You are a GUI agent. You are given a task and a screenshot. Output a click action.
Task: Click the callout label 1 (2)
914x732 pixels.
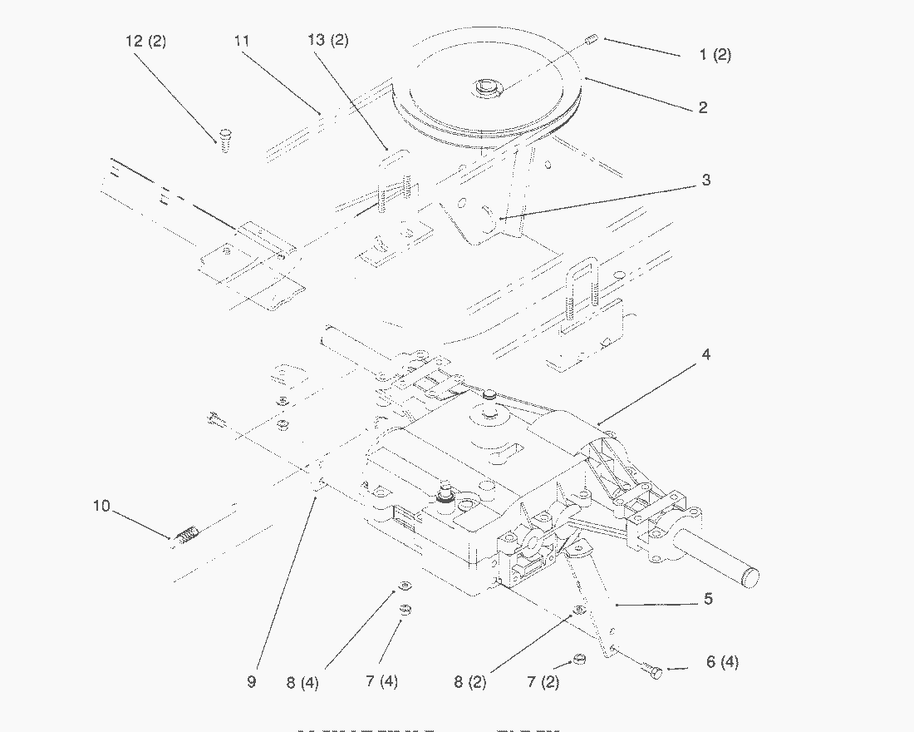(x=715, y=55)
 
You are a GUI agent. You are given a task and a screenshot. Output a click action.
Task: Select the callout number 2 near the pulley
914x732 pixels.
(x=703, y=107)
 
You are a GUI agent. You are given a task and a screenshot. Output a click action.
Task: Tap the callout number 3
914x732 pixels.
(x=705, y=180)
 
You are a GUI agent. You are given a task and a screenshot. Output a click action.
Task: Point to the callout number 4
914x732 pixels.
(x=705, y=354)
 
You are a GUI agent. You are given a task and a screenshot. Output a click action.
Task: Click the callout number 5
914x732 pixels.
(x=708, y=598)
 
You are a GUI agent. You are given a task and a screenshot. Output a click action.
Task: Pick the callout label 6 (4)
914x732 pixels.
(x=721, y=662)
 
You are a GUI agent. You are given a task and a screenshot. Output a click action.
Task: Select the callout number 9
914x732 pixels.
(x=251, y=682)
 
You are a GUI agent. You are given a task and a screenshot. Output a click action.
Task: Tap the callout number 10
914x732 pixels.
(x=101, y=506)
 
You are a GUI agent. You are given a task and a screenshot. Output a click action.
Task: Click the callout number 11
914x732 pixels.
(x=242, y=41)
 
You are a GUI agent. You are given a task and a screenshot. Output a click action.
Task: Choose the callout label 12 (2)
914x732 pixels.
(x=145, y=42)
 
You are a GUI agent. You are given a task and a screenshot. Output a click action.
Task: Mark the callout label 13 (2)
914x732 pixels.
(x=328, y=41)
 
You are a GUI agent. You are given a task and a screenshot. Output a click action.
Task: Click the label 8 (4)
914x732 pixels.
(x=302, y=683)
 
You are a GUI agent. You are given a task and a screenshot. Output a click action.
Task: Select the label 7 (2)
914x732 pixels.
(x=543, y=682)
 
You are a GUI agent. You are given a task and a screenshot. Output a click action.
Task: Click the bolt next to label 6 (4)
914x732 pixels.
(x=652, y=670)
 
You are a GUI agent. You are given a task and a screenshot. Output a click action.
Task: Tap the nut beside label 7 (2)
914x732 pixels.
(x=579, y=660)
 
